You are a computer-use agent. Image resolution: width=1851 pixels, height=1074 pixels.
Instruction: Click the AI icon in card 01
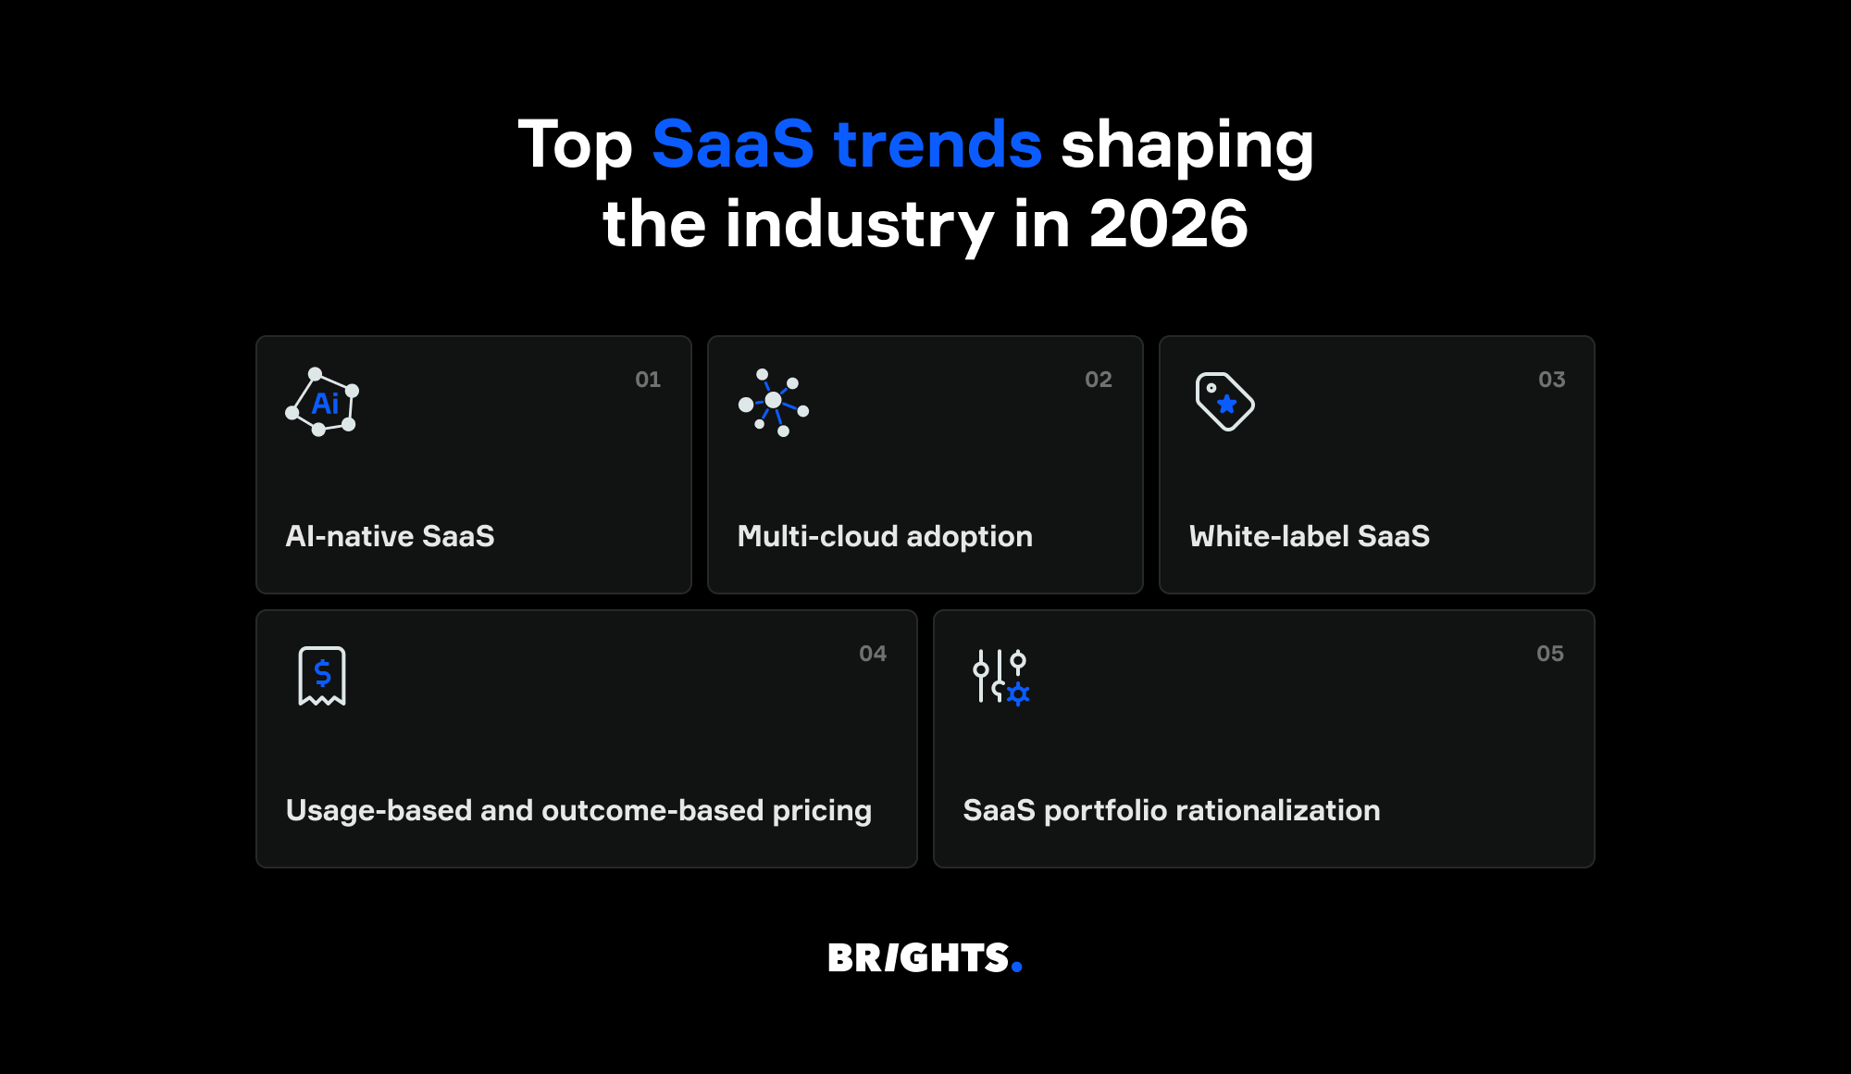(322, 403)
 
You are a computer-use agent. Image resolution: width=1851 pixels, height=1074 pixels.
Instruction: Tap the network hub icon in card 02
(774, 402)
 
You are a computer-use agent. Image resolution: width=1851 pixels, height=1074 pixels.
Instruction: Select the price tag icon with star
(1224, 402)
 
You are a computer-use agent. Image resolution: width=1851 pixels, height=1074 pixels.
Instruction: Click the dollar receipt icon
(322, 676)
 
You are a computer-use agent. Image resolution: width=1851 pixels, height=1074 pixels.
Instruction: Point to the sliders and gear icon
(1000, 677)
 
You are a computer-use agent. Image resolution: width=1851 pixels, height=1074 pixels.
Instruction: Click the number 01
(648, 380)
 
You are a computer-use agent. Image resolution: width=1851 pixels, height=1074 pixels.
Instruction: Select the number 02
(1099, 380)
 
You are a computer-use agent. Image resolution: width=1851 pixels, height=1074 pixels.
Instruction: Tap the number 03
(1552, 380)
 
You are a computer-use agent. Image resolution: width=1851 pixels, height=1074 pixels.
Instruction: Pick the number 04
(873, 654)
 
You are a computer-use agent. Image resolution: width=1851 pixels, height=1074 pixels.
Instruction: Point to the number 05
(1550, 654)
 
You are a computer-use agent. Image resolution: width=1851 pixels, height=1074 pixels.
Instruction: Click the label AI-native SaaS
(390, 536)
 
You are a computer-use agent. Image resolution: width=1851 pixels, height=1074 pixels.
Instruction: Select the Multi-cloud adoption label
(885, 536)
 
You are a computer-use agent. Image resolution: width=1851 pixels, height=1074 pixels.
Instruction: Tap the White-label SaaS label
(1310, 536)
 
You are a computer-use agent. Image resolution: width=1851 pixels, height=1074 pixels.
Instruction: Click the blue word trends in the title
(938, 144)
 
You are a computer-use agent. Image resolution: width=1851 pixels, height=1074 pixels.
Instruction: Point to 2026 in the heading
(1168, 224)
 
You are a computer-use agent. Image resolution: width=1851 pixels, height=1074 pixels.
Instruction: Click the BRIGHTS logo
(919, 958)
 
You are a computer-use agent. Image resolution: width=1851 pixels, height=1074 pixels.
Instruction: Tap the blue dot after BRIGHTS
(1017, 968)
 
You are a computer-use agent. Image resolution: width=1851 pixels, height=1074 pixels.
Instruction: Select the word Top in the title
(575, 146)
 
